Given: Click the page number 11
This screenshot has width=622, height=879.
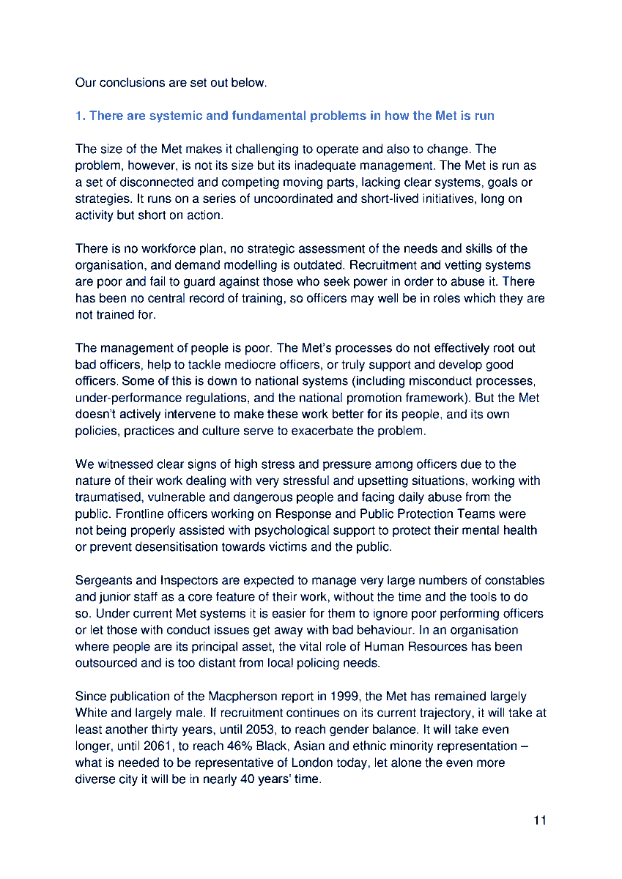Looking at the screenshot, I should click(539, 820).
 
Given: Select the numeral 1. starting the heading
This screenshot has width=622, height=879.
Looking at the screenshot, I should click(80, 116).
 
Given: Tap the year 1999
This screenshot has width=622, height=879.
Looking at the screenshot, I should click(344, 697).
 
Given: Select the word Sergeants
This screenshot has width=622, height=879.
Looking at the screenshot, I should click(103, 581).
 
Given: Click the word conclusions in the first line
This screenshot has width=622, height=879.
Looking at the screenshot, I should click(130, 83).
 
